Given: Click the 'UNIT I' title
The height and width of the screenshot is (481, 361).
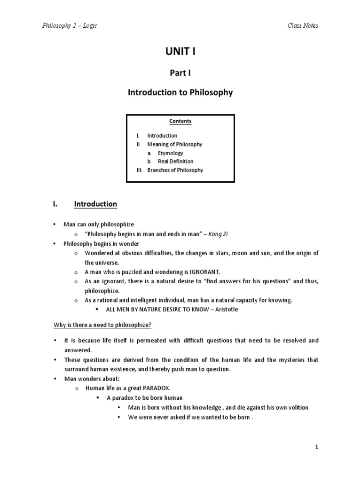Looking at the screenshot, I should pyautogui.click(x=180, y=52).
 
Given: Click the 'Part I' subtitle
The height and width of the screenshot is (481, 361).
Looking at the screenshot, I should pyautogui.click(x=180, y=73).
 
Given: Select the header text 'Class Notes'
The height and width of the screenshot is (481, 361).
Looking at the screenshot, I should pyautogui.click(x=303, y=25).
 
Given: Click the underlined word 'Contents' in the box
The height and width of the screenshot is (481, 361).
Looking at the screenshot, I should pyautogui.click(x=180, y=121).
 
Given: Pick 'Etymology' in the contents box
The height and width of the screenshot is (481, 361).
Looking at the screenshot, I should pyautogui.click(x=170, y=153).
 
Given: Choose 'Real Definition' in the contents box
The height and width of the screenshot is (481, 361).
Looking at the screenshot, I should pyautogui.click(x=175, y=162).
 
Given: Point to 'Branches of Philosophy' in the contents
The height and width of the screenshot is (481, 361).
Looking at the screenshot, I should pyautogui.click(x=175, y=170).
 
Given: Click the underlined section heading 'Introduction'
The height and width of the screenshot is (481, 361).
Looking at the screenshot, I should pyautogui.click(x=95, y=204).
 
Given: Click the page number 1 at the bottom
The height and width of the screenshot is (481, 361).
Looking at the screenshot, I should pyautogui.click(x=317, y=447).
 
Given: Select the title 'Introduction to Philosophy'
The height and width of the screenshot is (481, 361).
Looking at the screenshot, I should pyautogui.click(x=180, y=93).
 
